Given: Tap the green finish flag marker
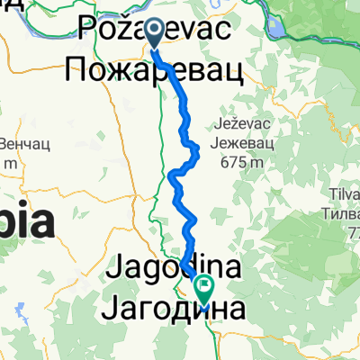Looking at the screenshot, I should coord(204,291).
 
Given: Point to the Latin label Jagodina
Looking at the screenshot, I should coord(175,267).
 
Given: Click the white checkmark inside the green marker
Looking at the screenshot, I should coord(204,289).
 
